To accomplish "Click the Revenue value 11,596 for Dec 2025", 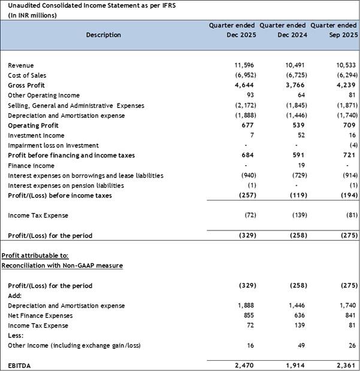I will click(246, 65).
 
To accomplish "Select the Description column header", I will click(103, 35).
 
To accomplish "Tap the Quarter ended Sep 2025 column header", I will click(334, 30).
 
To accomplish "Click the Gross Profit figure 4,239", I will click(347, 86).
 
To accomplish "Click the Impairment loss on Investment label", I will click(53, 145).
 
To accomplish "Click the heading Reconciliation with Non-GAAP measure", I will click(62, 265).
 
